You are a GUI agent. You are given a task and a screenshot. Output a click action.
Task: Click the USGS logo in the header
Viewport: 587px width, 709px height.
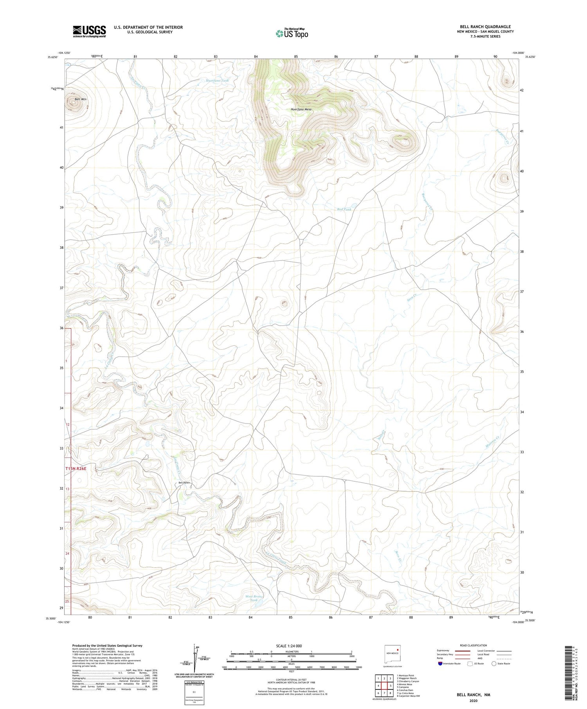pos(89,31)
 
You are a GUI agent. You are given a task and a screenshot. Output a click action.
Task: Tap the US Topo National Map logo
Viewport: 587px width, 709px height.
pos(292,33)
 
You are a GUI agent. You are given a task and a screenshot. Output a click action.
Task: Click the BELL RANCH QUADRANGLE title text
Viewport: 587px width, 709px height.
pos(485,27)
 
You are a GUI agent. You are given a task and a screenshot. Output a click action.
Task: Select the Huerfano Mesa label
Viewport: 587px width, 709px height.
pos(301,109)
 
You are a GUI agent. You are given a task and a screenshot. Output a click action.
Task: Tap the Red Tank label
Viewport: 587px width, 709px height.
pos(344,210)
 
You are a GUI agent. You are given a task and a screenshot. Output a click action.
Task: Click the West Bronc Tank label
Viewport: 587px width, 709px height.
pos(254,598)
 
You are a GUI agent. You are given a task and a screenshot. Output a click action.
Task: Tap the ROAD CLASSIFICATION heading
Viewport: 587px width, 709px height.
pos(474,645)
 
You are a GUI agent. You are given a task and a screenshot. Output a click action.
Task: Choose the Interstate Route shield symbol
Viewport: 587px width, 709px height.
pos(440,664)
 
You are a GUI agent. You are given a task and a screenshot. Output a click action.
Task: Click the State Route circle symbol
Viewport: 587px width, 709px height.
pos(494,664)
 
